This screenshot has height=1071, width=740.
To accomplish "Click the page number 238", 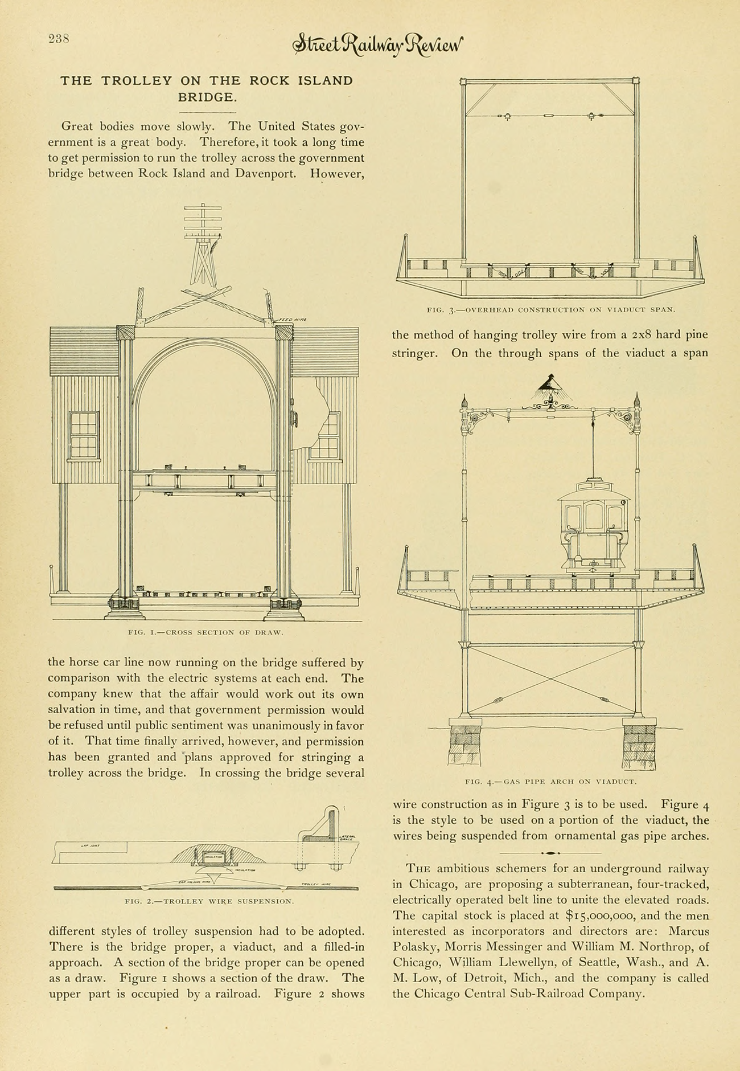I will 59,39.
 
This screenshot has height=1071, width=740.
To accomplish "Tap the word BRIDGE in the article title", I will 207,97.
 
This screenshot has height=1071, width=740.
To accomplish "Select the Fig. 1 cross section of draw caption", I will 205,632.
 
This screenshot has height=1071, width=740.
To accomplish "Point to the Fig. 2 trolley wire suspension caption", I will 209,901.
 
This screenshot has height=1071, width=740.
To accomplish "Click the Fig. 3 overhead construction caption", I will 550,310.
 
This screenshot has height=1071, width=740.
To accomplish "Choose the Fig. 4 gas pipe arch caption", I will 550,782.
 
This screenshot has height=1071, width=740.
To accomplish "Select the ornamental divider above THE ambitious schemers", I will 550,853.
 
